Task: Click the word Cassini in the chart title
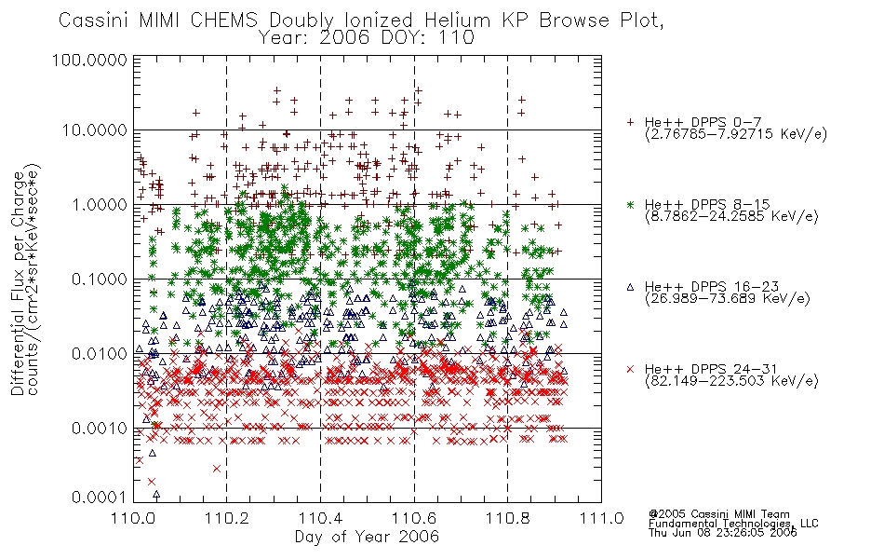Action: click(95, 20)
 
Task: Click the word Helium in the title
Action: click(457, 20)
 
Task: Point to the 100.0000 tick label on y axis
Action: click(89, 60)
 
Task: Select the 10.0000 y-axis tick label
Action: click(95, 130)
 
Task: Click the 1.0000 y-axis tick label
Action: click(100, 204)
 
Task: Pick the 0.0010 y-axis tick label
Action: click(100, 428)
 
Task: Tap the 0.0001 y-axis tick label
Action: click(100, 497)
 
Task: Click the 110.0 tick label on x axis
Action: click(133, 518)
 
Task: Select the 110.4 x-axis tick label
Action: click(320, 518)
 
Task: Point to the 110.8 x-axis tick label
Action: click(507, 518)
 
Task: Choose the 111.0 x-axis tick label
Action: click(601, 518)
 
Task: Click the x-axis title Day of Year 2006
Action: click(367, 537)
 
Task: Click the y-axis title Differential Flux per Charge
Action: click(18, 283)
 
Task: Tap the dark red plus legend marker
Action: click(630, 122)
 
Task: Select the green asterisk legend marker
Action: click(630, 204)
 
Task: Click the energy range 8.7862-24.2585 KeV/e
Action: click(731, 216)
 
